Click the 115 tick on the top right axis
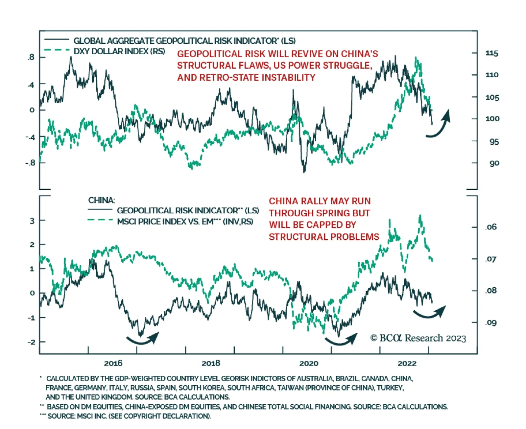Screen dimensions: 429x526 tap(492, 53)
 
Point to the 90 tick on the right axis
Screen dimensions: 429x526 tap(494, 163)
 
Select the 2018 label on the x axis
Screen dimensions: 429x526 tap(211, 363)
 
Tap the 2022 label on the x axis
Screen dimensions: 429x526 tap(407, 363)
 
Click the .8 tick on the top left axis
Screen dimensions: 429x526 tap(31, 58)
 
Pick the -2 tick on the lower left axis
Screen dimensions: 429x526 tap(31, 342)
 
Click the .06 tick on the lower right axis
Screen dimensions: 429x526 tap(491, 227)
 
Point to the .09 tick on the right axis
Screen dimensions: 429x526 tap(491, 323)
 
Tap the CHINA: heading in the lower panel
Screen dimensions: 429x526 tap(101, 200)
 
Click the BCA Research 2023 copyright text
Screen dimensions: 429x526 tap(418, 338)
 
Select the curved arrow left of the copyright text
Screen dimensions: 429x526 tap(341, 340)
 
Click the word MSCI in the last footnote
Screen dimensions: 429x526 tap(85, 416)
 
